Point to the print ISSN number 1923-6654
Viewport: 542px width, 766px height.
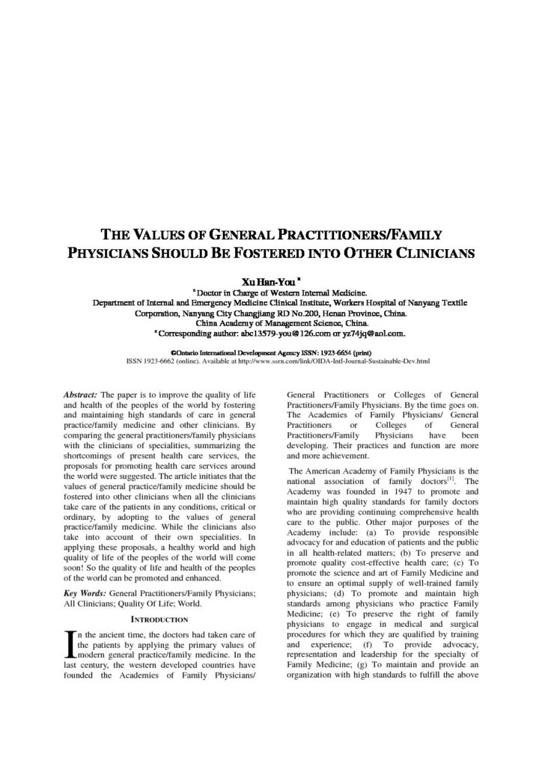[x=328, y=352]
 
